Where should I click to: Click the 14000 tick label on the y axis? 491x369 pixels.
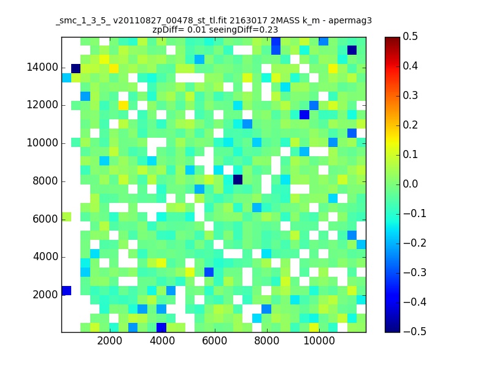[x=42, y=67]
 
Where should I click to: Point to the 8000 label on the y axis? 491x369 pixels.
[x=45, y=181]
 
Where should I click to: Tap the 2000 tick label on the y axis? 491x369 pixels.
[x=45, y=295]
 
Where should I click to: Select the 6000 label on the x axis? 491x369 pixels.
[x=214, y=341]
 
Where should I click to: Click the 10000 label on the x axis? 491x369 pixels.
[x=319, y=341]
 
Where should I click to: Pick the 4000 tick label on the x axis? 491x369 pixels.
[x=162, y=341]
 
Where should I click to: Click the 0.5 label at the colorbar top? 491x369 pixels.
[x=410, y=36]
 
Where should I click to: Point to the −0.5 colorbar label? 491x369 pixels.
[x=415, y=331]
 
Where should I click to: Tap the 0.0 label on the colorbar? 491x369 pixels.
[x=410, y=184]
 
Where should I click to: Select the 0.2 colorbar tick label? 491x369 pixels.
[x=410, y=125]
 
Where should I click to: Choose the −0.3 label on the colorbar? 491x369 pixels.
[x=415, y=272]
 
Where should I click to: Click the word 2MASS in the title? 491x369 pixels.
[x=285, y=21]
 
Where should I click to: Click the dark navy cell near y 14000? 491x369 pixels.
[x=75, y=68]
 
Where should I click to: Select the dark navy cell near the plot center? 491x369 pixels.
[x=238, y=180]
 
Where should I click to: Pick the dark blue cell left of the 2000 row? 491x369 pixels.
[x=66, y=290]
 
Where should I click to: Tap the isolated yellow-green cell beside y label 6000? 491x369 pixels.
[x=66, y=217]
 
